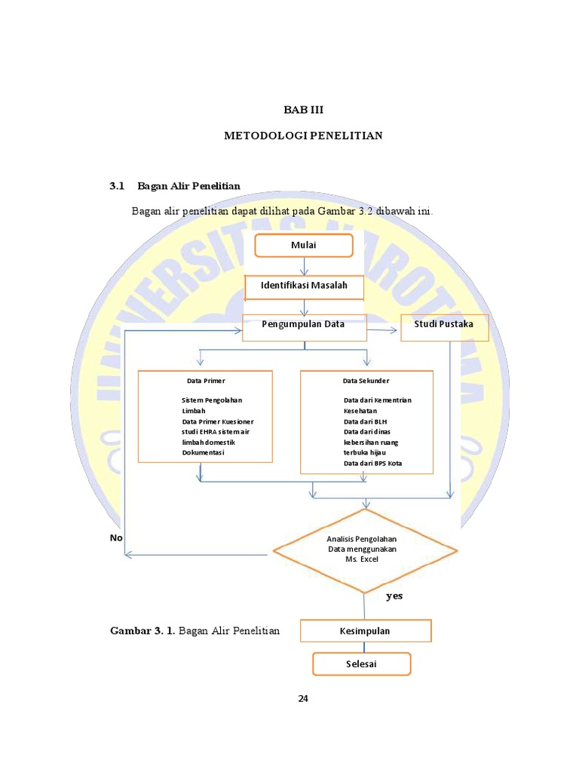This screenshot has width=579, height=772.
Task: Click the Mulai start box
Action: pos(304,245)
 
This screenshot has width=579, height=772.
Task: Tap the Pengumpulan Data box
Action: pos(305,327)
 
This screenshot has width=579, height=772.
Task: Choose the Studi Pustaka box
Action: pos(445,327)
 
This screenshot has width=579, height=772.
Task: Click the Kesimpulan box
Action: pos(366,631)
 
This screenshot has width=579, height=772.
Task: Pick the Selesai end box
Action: pos(361,663)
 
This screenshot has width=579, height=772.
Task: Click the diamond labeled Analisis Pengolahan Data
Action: pos(365,550)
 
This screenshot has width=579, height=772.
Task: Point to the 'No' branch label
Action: pos(116,538)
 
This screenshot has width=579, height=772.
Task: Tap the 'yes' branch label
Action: pos(394,596)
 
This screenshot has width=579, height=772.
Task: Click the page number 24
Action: pos(303,698)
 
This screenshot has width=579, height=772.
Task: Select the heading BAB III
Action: pos(303,110)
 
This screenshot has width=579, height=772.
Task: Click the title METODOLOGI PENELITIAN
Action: pos(303,136)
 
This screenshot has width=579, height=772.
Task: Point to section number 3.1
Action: pos(117,186)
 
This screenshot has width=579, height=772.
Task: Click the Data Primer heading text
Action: pos(206,381)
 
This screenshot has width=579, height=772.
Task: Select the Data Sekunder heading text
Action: pos(366,381)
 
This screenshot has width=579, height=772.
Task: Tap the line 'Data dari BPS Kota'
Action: pos(372,464)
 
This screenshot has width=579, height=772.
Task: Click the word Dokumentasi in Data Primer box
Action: pos(203,452)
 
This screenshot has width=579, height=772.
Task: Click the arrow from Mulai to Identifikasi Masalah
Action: pos(305,266)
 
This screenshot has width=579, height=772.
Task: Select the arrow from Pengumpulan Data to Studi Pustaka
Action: pos(382,330)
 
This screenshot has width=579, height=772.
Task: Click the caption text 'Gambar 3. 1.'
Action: pos(142,631)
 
